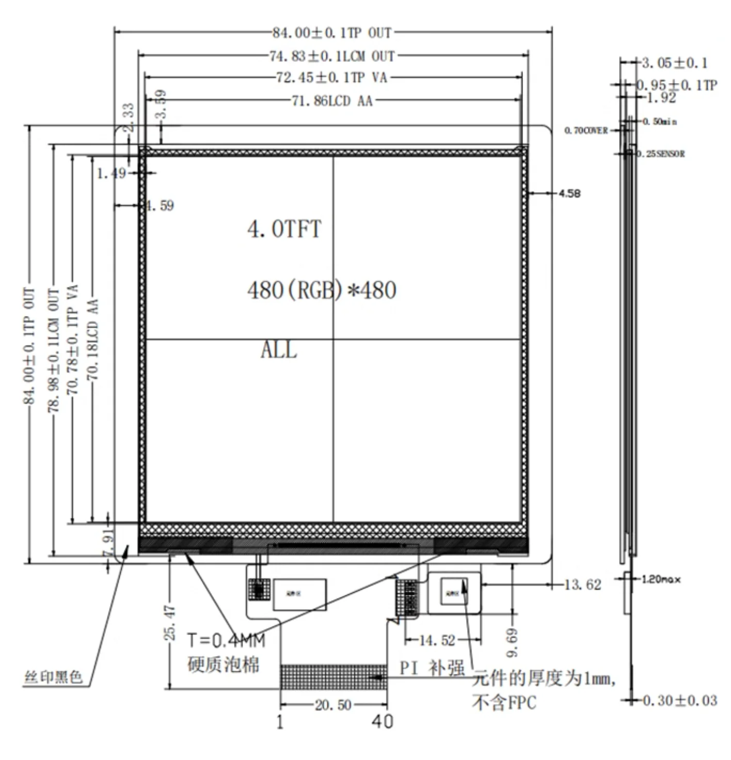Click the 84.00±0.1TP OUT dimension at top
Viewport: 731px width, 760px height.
click(x=332, y=33)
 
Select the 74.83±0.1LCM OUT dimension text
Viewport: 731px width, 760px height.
click(x=332, y=56)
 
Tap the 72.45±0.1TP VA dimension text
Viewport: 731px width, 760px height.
click(x=332, y=78)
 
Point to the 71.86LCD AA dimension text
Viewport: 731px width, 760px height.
click(x=332, y=101)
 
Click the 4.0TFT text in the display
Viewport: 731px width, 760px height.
click(x=284, y=229)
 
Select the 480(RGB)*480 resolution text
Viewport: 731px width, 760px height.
click(x=322, y=290)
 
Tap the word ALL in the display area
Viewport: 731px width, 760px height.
click(x=279, y=350)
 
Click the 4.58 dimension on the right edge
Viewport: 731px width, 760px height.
click(x=569, y=193)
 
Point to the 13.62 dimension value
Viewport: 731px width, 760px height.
click(x=582, y=585)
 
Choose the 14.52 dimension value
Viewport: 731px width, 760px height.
click(x=437, y=640)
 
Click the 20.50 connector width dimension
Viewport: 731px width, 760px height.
click(x=333, y=705)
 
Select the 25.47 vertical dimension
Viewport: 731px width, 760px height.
click(x=170, y=623)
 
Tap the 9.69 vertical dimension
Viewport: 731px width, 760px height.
click(x=512, y=642)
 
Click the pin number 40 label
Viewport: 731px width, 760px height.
click(x=382, y=721)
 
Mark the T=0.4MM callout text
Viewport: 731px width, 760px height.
click(x=226, y=640)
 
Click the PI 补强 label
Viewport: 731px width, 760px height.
click(x=432, y=668)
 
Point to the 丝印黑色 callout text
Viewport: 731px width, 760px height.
click(x=53, y=676)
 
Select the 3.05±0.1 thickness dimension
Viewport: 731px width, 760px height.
click(x=674, y=63)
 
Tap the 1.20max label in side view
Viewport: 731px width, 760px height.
click(x=661, y=579)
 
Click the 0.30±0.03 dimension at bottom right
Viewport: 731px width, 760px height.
click(x=679, y=701)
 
